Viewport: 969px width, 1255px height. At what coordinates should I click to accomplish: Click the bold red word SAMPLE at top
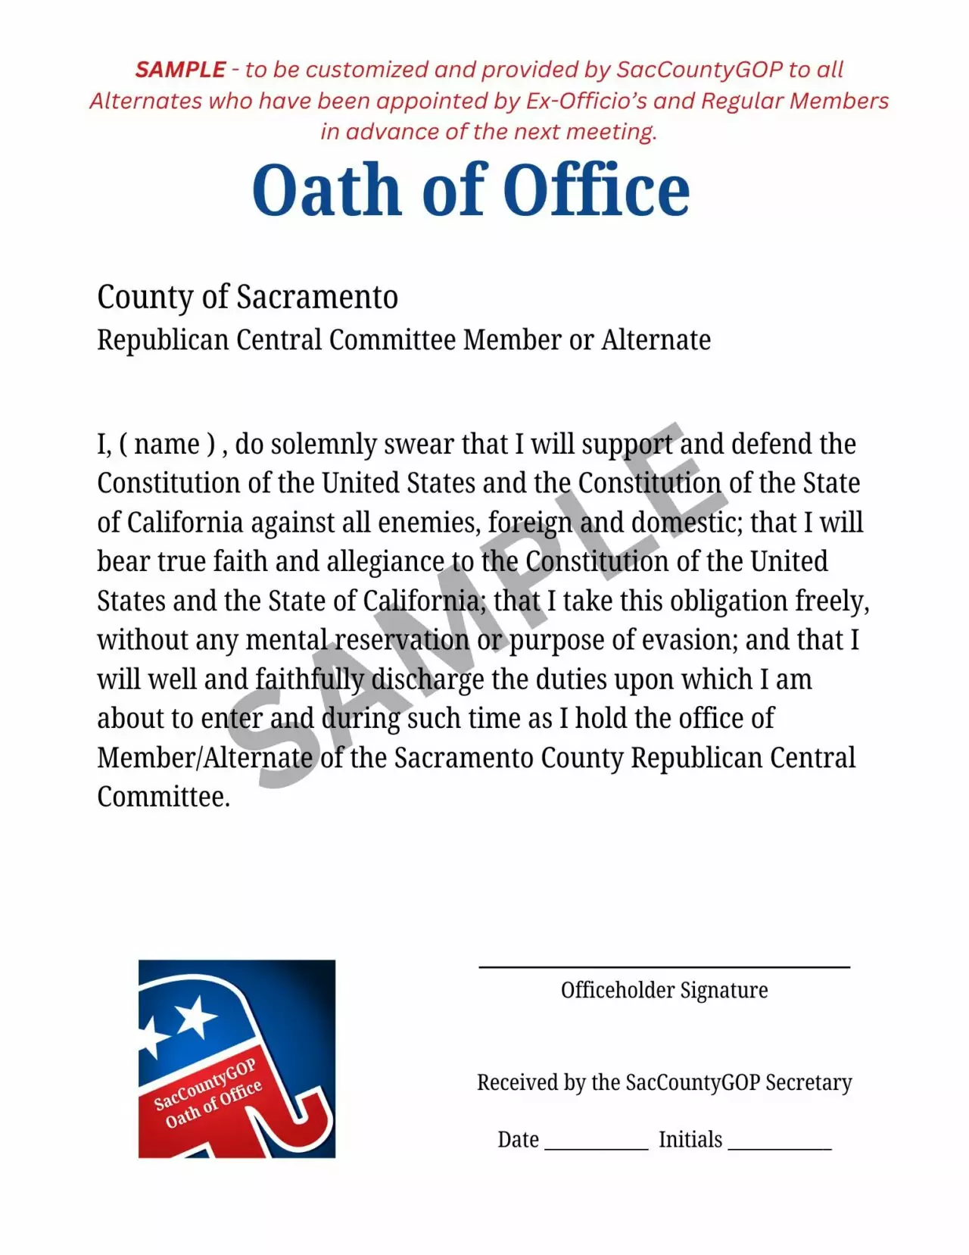[180, 70]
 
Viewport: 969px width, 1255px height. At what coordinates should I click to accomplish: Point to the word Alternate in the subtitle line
[656, 340]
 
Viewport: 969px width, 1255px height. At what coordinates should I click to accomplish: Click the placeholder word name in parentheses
[167, 444]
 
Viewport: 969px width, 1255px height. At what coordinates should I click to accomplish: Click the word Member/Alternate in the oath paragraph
[204, 758]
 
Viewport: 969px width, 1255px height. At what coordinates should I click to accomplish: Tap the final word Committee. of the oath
[164, 797]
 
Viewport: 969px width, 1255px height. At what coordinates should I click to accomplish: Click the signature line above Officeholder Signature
[664, 966]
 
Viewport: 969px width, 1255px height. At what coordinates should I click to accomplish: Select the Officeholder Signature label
[664, 990]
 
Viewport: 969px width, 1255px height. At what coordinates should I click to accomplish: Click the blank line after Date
[596, 1147]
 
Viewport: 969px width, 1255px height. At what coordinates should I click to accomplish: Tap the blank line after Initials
[779, 1147]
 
